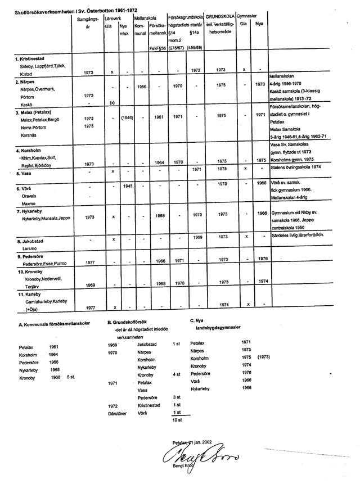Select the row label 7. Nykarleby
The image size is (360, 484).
coord(33,211)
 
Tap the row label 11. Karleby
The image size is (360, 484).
coord(29,293)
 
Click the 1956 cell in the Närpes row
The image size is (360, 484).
coord(142,87)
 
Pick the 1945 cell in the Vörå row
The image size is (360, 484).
coord(127,185)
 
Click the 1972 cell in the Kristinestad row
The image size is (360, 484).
coord(196,70)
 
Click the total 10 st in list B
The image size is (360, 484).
coord(177,419)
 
